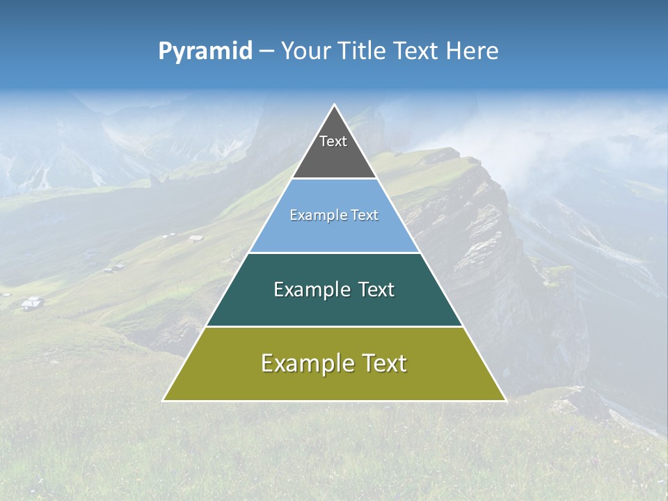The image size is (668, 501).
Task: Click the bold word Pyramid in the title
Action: click(205, 51)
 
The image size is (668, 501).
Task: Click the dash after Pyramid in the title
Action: click(267, 51)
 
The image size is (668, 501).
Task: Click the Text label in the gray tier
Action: click(333, 141)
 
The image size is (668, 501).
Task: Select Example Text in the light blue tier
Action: click(334, 216)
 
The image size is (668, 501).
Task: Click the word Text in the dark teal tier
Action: click(376, 289)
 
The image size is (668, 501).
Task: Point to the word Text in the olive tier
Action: click(383, 363)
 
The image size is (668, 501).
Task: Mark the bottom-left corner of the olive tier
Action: click(164, 400)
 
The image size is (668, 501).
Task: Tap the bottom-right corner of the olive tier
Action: click(505, 400)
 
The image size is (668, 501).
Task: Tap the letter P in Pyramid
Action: click(165, 51)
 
